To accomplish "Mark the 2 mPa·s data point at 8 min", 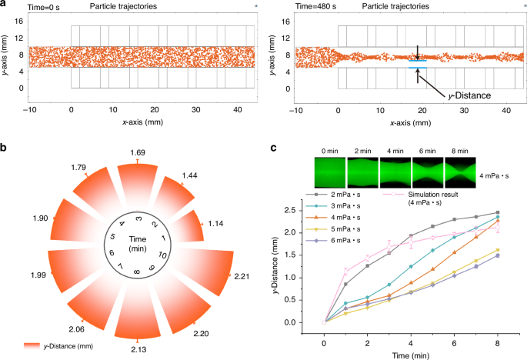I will pyautogui.click(x=499, y=212).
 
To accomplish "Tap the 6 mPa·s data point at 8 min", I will pyautogui.click(x=499, y=255).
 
